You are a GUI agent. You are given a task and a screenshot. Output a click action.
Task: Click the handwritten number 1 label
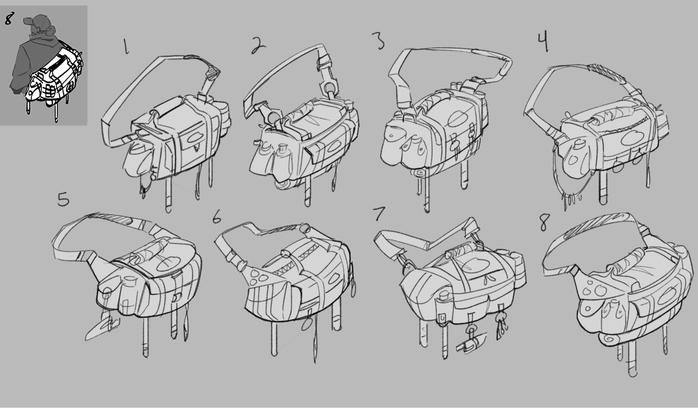[126, 46]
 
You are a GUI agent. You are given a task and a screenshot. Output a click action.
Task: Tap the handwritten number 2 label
[258, 45]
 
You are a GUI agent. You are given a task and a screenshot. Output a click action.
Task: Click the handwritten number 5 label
[63, 199]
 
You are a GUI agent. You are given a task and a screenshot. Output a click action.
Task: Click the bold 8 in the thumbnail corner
[9, 19]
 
